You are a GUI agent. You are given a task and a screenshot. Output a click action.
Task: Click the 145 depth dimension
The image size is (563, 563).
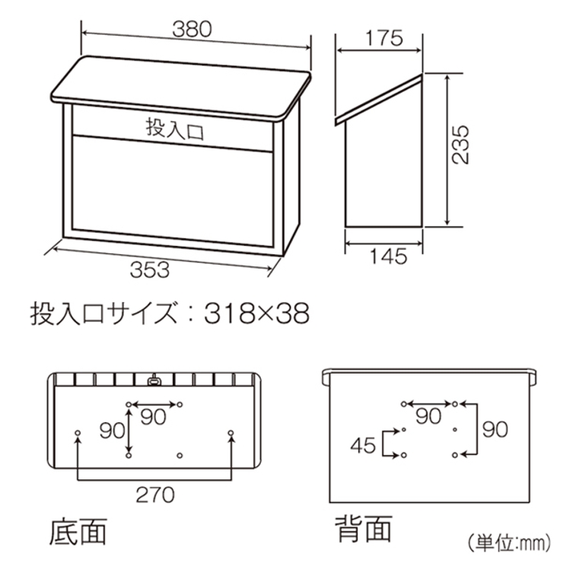[x=385, y=256]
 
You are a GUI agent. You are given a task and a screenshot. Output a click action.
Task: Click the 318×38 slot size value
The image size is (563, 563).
[x=258, y=312]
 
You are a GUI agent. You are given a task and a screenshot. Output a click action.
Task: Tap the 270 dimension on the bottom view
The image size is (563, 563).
[x=154, y=495]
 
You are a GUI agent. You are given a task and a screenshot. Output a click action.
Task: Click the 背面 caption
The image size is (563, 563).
[x=364, y=526]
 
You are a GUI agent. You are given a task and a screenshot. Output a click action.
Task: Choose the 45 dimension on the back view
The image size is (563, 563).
[x=365, y=444]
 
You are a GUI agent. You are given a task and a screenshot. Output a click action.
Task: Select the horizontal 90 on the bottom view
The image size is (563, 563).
[x=154, y=416]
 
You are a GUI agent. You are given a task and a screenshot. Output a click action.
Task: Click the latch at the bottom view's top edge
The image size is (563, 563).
[x=154, y=377]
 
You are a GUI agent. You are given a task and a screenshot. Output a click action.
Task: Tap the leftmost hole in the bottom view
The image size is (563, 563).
[x=78, y=434]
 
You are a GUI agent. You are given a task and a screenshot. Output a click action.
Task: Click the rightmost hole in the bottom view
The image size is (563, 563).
[x=231, y=434]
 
